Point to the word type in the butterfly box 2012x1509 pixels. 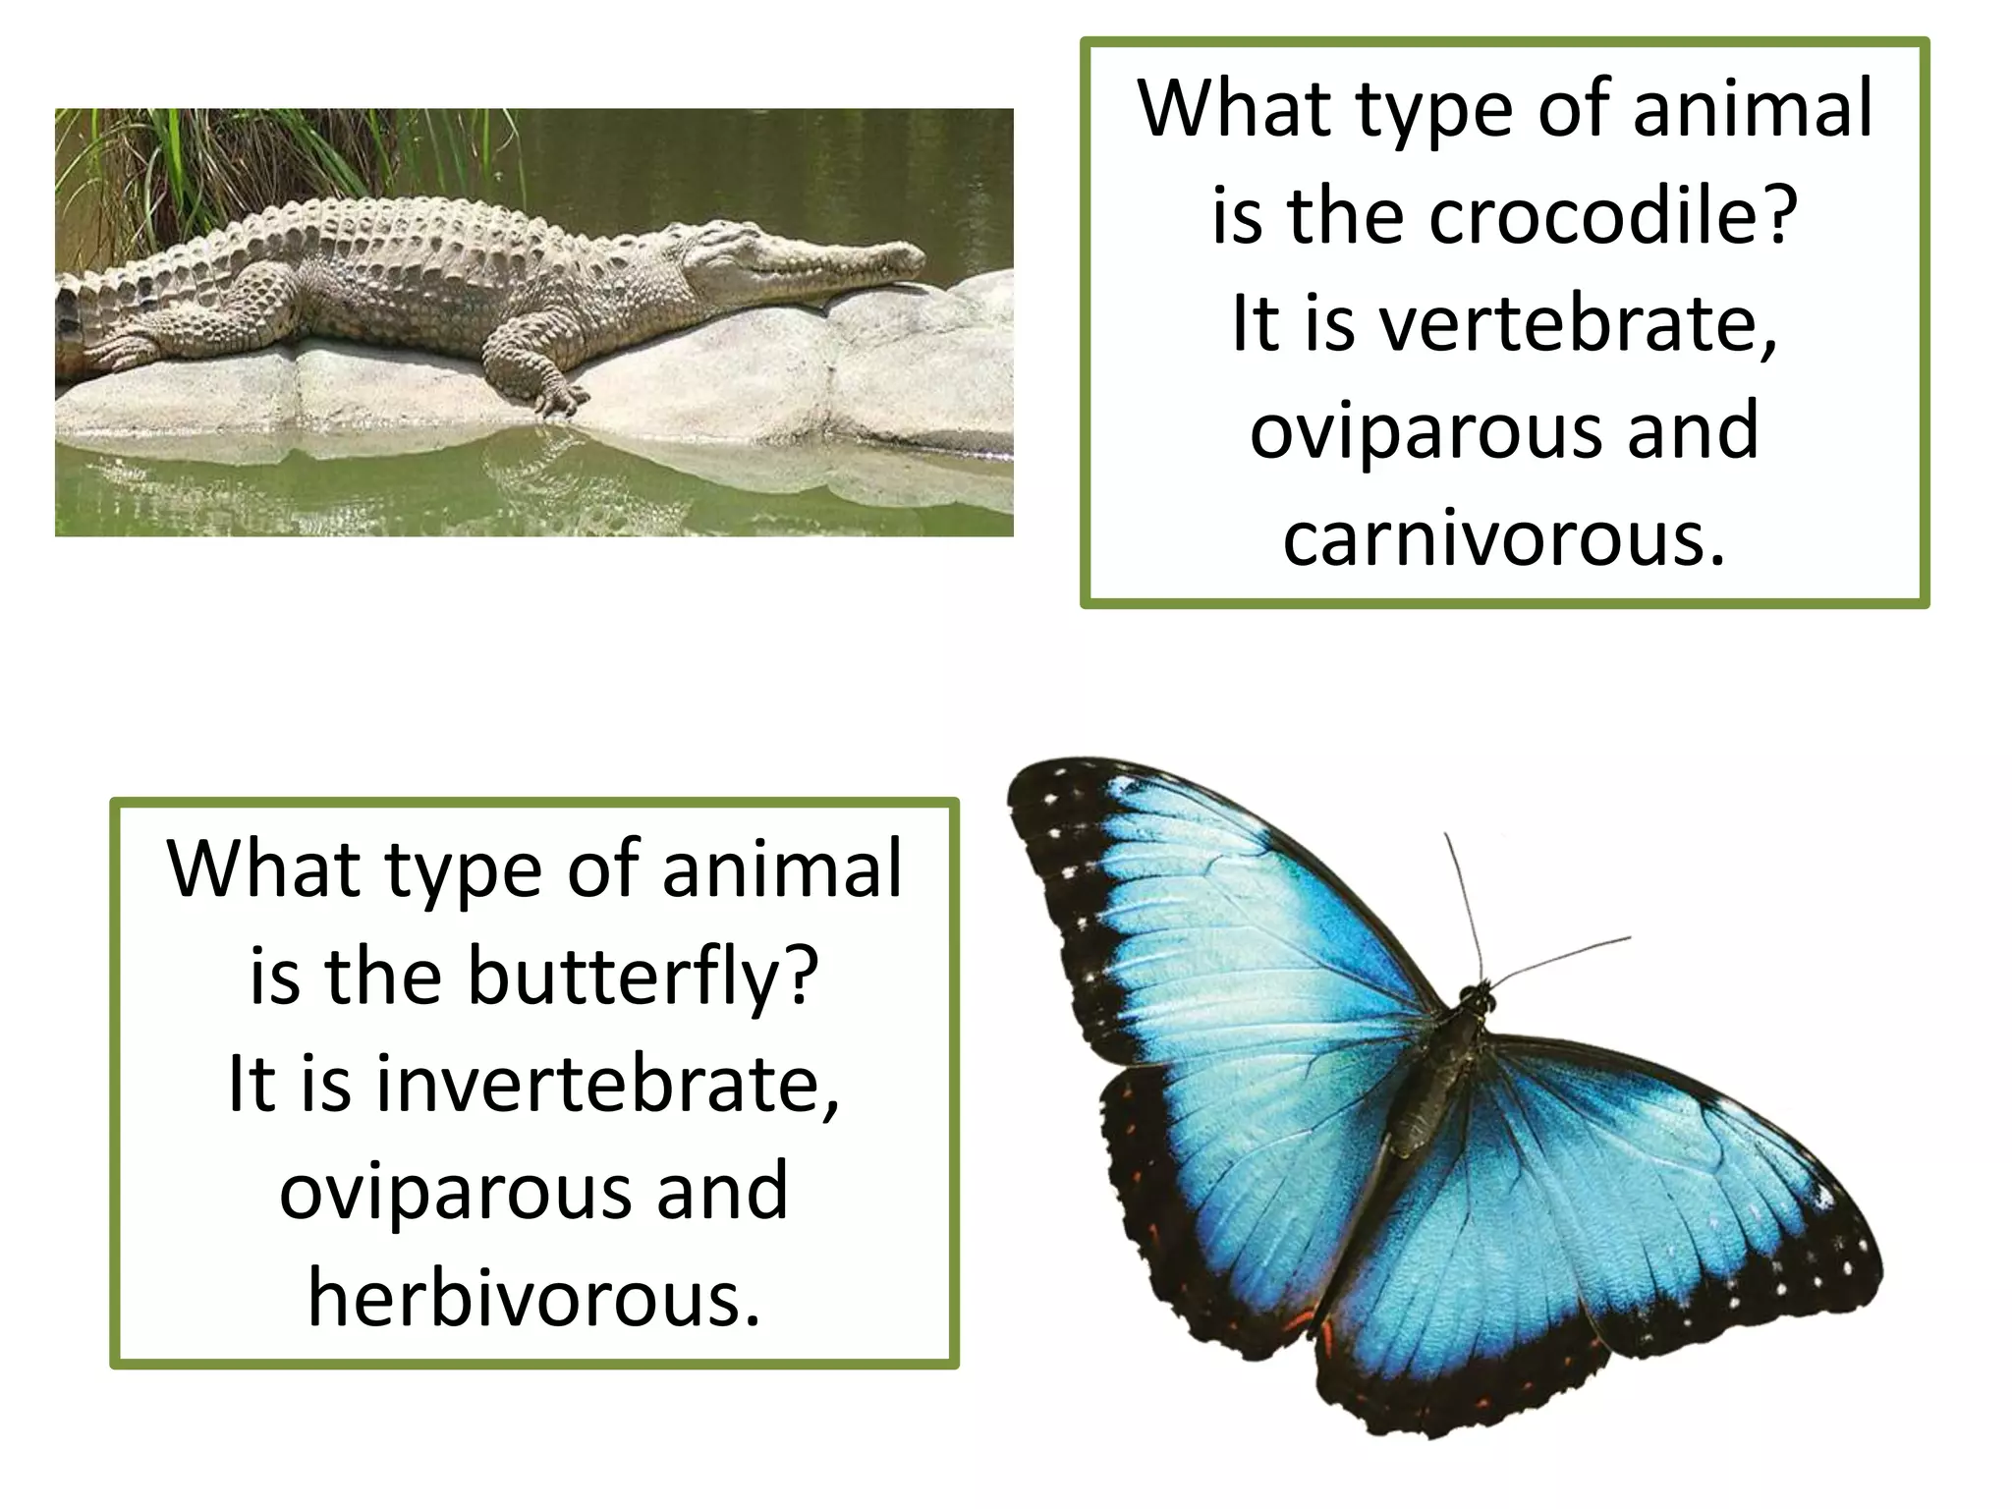tap(462, 870)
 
